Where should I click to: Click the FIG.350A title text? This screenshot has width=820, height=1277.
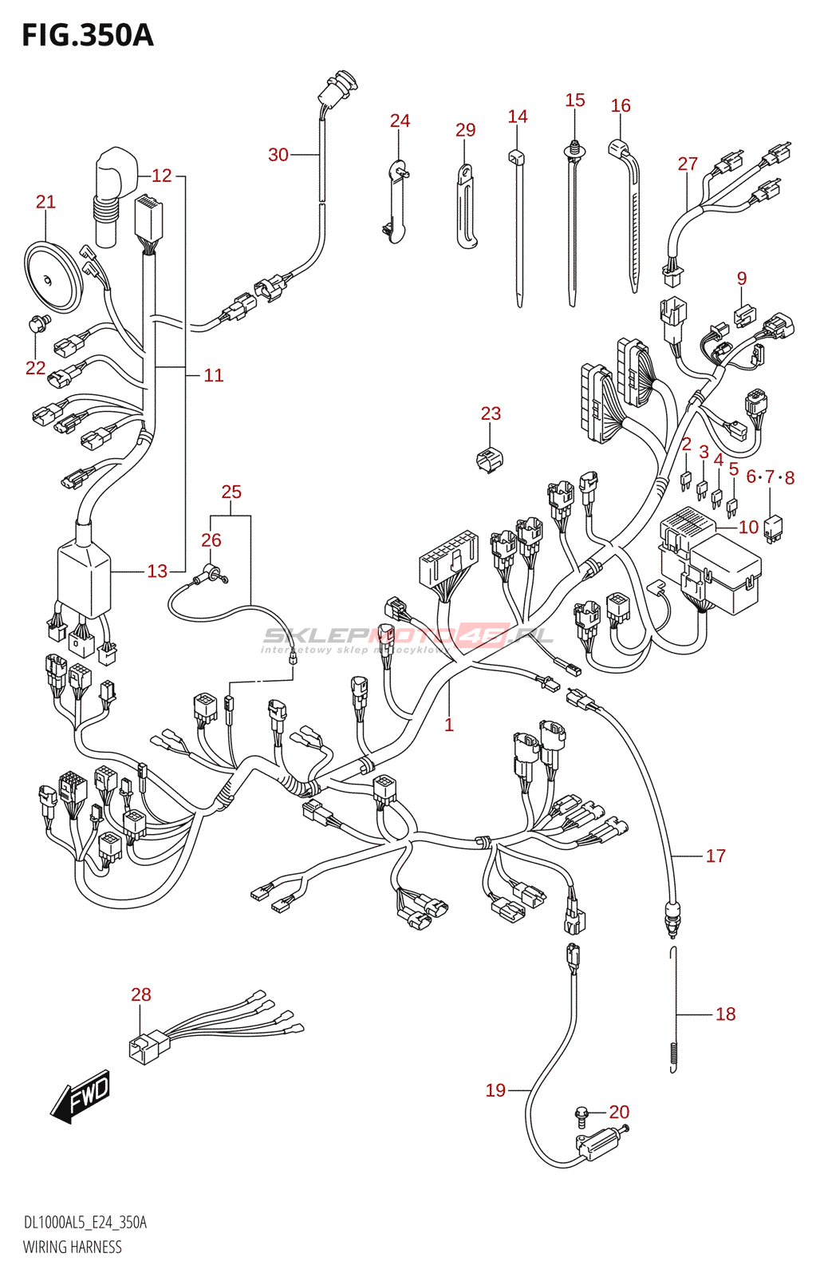point(88,36)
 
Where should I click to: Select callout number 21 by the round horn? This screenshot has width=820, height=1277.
point(45,202)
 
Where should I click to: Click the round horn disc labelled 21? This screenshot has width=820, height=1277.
point(52,277)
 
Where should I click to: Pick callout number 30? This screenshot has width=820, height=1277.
point(278,155)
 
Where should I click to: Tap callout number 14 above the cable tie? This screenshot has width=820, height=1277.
point(518,117)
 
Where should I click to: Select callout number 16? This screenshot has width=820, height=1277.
point(621,105)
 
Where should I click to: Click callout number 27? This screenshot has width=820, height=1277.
point(688,164)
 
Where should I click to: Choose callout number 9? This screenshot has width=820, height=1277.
point(742,279)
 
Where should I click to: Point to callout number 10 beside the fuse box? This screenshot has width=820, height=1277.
point(748,527)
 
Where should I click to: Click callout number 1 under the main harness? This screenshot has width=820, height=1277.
point(449,725)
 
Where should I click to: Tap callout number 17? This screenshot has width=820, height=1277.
point(716,856)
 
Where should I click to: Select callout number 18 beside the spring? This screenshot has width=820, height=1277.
point(725,1014)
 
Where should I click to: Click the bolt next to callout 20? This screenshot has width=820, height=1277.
point(583,1113)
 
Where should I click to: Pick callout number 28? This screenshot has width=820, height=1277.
point(141,994)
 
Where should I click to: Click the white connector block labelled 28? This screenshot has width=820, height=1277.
point(148,1046)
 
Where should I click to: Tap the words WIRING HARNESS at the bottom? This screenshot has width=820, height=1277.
point(73,1247)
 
